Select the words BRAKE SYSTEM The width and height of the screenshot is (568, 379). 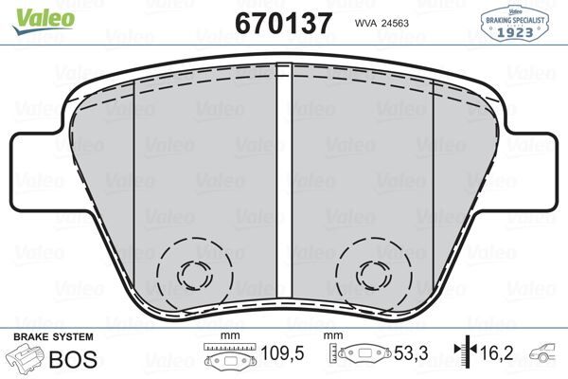pyautogui.click(x=53, y=336)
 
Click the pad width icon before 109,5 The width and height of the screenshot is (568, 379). pyautogui.click(x=223, y=358)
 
